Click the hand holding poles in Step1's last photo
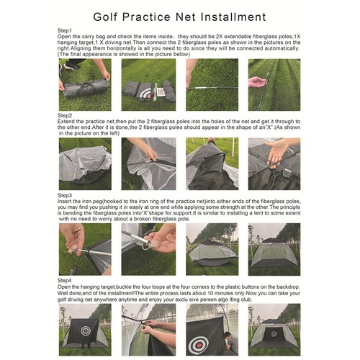click(257, 82)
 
